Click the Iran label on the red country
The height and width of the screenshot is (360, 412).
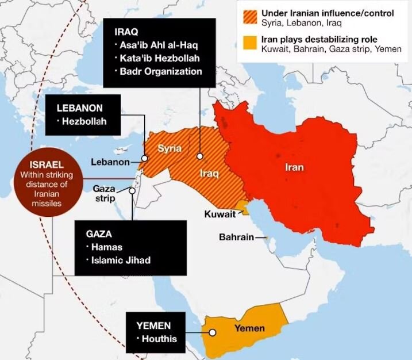294,168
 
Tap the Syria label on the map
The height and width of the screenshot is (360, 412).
170,148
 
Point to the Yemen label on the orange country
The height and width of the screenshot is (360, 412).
249,328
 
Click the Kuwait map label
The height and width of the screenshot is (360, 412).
220,214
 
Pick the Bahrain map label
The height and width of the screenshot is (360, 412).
236,237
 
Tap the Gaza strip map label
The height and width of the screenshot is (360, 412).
105,194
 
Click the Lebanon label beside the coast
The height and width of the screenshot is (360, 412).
110,162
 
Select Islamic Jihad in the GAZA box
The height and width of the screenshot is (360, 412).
120,260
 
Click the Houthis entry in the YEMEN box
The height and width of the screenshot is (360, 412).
159,338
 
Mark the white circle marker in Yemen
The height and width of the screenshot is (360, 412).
213,332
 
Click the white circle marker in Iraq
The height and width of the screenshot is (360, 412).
200,156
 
